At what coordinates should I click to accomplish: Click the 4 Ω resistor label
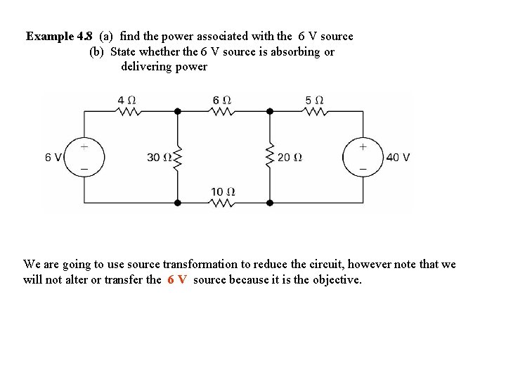click(x=126, y=99)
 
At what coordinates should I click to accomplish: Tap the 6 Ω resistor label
click(x=221, y=99)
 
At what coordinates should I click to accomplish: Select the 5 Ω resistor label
click(x=314, y=99)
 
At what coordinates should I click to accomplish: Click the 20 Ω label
click(x=290, y=158)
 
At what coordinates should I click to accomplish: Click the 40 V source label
click(x=398, y=158)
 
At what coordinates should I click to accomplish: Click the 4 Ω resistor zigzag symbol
click(x=128, y=110)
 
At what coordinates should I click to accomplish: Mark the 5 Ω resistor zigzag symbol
click(x=316, y=110)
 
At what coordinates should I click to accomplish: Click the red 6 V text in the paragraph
click(x=177, y=279)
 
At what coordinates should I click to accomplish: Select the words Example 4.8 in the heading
click(x=59, y=36)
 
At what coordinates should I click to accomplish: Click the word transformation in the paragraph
click(x=202, y=265)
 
